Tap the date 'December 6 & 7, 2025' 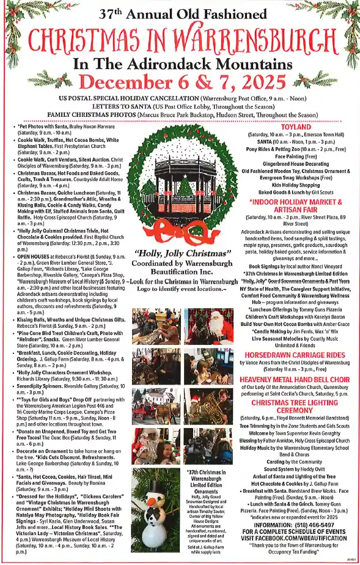(180, 82)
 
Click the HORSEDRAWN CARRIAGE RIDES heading (296, 354)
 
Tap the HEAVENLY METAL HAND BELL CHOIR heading (296, 380)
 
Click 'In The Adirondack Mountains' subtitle (180, 64)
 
